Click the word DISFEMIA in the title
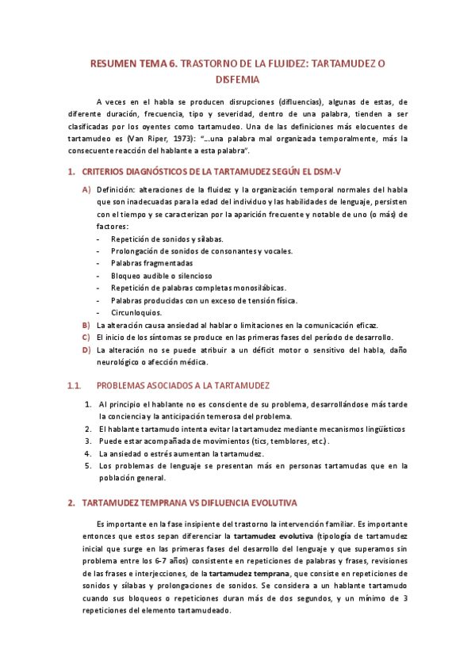[x=237, y=79]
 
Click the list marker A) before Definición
[x=86, y=189]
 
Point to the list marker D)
[x=86, y=350]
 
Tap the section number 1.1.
[x=75, y=386]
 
